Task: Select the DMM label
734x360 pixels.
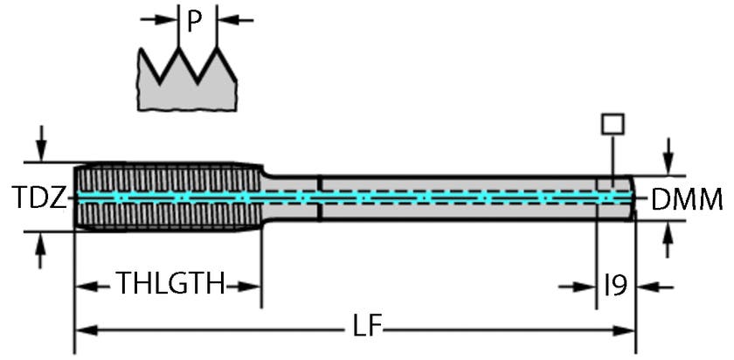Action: [687, 200]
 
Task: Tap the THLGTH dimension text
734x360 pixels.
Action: [171, 284]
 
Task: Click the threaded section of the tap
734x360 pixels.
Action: [166, 197]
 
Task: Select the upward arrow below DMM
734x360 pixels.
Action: [668, 234]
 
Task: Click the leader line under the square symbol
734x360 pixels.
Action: [613, 157]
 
